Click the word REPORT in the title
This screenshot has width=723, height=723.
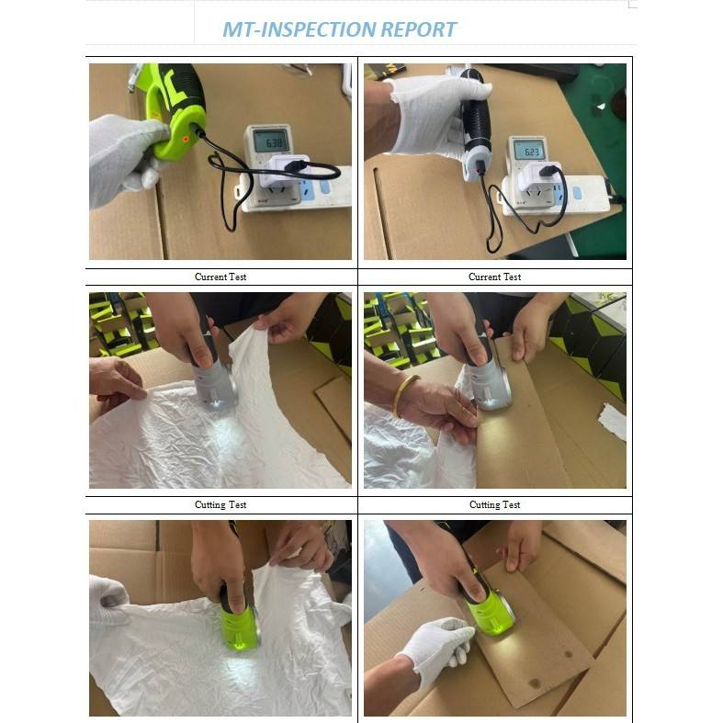click(x=418, y=29)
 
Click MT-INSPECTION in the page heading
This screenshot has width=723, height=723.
click(x=299, y=29)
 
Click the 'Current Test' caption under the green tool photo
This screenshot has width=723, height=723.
click(x=220, y=277)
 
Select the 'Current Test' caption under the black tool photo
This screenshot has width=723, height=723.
click(x=494, y=277)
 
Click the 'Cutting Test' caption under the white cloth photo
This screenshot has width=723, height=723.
click(x=220, y=504)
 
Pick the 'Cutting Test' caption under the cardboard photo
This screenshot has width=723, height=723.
click(x=494, y=504)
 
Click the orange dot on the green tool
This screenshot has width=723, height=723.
click(x=186, y=139)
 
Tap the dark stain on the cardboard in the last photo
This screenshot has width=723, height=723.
click(x=535, y=683)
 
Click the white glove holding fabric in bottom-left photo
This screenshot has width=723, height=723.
click(x=109, y=598)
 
